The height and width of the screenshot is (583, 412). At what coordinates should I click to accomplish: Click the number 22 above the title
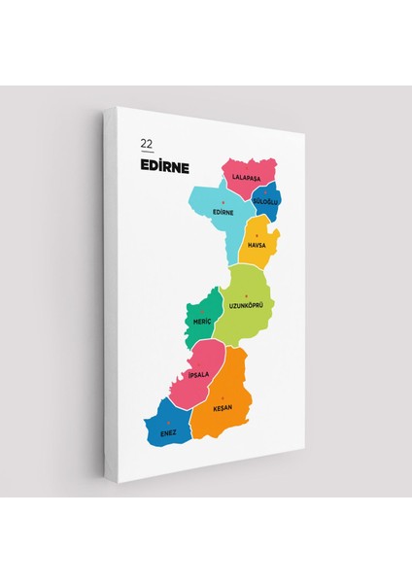pos(146,144)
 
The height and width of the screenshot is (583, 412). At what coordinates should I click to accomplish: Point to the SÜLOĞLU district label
pos(265,201)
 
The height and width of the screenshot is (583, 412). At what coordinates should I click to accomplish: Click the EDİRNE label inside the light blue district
pos(223,212)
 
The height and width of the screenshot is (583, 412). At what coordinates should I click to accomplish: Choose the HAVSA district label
pos(257,245)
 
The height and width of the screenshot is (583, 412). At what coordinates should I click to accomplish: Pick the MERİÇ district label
pos(202,320)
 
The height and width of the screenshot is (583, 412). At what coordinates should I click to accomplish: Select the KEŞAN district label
pos(224,409)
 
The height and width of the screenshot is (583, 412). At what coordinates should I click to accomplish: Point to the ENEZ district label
pos(169,431)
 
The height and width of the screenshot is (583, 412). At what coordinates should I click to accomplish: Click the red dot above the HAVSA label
pos(257,236)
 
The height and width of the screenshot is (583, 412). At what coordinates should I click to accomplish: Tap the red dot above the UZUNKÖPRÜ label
pos(247,295)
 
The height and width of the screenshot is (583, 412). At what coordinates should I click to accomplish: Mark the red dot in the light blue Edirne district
pos(223,202)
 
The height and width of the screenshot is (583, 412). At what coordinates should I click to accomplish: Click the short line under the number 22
pos(146,153)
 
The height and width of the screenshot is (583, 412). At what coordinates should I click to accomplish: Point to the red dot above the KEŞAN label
pos(224,399)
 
